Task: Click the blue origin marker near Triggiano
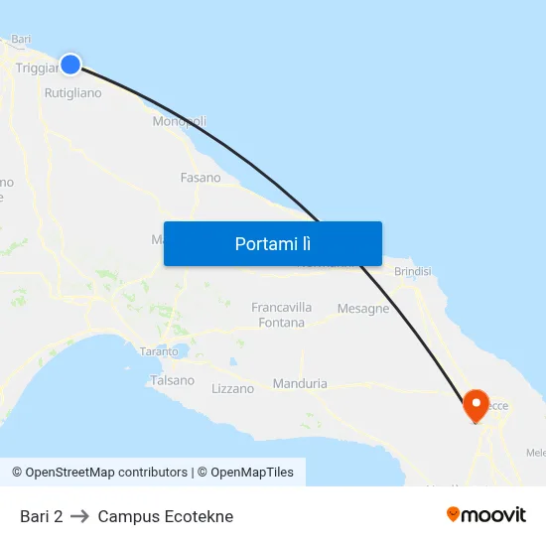(70, 64)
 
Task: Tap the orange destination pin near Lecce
(477, 404)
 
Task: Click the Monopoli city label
(180, 121)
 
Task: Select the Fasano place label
(201, 178)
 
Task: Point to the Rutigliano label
(72, 93)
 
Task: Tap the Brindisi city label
(413, 271)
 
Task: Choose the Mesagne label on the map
(363, 309)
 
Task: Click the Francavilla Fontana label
(282, 315)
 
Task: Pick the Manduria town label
(300, 383)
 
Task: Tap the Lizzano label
(233, 388)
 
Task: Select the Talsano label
(173, 380)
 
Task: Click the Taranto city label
(159, 351)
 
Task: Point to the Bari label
(21, 40)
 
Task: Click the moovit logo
(486, 515)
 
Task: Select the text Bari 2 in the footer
(41, 516)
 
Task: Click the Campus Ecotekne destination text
(166, 516)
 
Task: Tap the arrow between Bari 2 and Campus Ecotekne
(80, 516)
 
